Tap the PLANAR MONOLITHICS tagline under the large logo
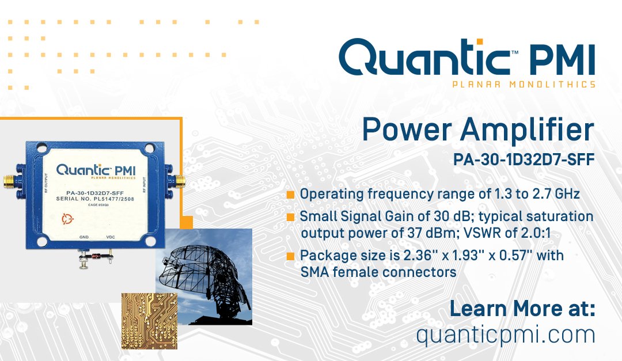(x=524, y=85)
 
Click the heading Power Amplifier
(x=477, y=131)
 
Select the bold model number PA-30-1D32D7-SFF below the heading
(x=524, y=159)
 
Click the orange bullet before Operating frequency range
(x=290, y=195)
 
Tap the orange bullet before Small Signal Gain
(x=290, y=217)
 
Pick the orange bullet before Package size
(x=290, y=255)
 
